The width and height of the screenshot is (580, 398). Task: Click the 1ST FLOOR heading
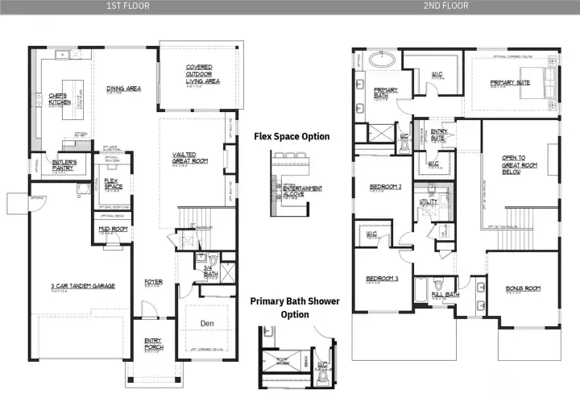click(128, 6)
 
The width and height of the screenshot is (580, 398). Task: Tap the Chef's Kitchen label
click(60, 99)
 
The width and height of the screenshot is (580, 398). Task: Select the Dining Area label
click(124, 89)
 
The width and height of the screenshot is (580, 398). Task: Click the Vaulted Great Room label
click(190, 156)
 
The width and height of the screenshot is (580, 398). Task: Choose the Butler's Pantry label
click(64, 165)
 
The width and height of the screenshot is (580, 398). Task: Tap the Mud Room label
click(109, 230)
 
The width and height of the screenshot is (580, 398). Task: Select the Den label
click(206, 323)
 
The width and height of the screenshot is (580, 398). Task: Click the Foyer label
click(153, 282)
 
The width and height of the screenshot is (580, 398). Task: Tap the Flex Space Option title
click(292, 136)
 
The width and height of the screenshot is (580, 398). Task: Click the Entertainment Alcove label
click(307, 189)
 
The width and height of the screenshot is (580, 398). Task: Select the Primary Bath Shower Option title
click(294, 307)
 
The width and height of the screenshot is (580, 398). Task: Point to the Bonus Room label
click(522, 288)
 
